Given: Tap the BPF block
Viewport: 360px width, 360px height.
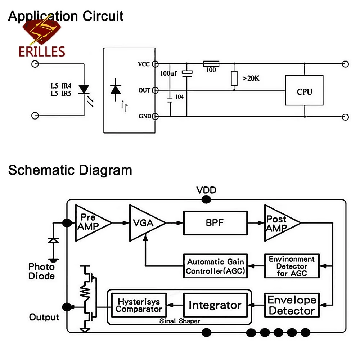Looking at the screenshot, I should coord(215,223).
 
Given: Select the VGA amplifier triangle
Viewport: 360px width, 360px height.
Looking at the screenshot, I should coord(144,223).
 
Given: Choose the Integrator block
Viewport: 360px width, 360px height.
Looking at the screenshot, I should coord(215,305).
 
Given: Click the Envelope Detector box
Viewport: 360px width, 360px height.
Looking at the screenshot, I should coord(292,305).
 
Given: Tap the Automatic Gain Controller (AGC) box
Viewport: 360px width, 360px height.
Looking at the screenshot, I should coord(215,266).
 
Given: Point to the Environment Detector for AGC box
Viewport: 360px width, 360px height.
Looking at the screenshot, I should coord(292,266).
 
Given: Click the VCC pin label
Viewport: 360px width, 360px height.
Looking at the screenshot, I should coord(144,64).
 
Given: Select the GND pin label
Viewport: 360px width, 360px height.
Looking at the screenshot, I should coord(144,116).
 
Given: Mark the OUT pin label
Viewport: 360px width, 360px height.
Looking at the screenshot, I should coord(144,90).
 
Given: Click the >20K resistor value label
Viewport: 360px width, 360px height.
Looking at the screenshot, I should coord(251,78).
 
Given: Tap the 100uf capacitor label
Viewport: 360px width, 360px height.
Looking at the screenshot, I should coord(168,73).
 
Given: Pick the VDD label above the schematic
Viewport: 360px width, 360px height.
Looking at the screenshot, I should coord(206,190).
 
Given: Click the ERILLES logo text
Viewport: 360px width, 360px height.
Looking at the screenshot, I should coord(42,51).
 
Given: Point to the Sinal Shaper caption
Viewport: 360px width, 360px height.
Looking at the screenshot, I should coord(180,321).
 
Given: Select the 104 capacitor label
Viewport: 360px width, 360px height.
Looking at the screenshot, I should coord(179,96).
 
